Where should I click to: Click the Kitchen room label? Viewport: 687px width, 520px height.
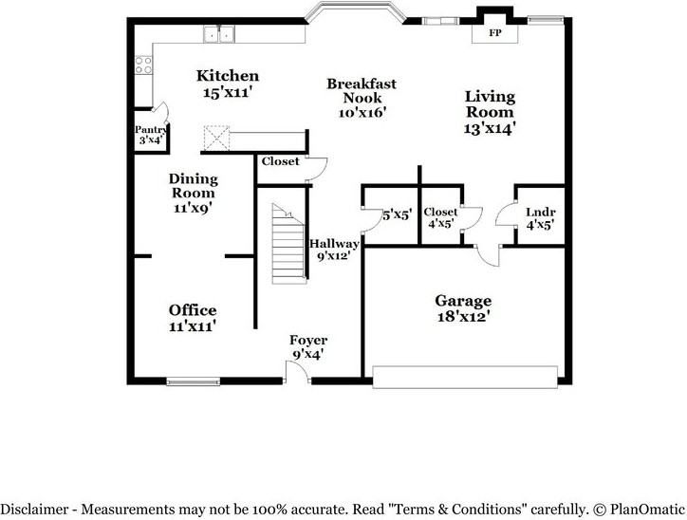[227, 76]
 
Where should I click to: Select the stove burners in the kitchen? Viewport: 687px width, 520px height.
[143, 65]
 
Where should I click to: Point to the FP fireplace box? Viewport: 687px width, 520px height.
[494, 32]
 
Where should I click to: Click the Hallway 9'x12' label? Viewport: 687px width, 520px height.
[334, 249]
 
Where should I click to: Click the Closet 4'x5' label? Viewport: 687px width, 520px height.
[440, 218]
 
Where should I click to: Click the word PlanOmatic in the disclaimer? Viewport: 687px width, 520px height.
[647, 509]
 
